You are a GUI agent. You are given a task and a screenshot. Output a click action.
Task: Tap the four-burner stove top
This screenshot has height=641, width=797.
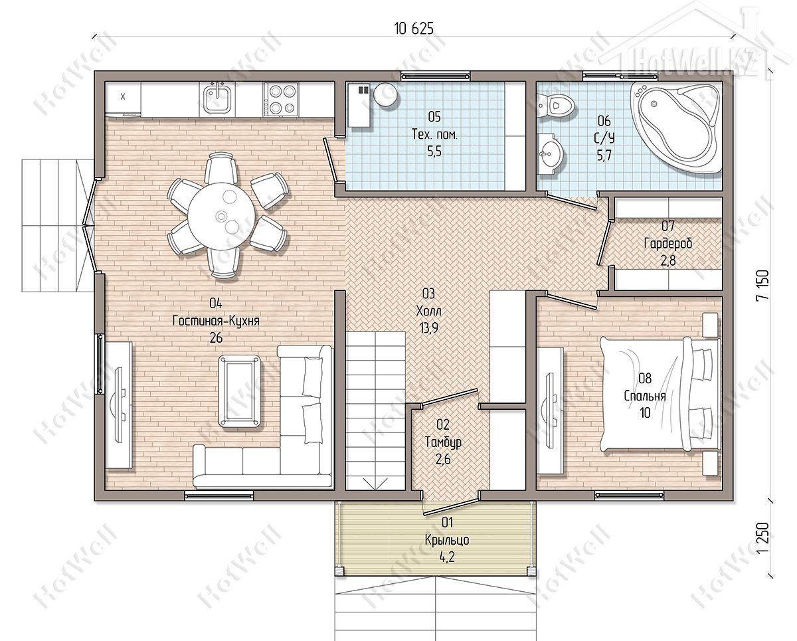click(281, 98)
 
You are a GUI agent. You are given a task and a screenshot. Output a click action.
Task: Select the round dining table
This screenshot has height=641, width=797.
click(221, 216)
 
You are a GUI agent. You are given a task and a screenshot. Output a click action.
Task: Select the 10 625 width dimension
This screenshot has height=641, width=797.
click(414, 29)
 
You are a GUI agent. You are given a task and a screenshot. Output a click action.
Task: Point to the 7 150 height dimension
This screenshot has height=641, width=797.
click(763, 286)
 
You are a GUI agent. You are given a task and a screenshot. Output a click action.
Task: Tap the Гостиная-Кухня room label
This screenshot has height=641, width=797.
click(216, 320)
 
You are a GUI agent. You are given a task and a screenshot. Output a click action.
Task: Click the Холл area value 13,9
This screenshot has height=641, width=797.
click(429, 328)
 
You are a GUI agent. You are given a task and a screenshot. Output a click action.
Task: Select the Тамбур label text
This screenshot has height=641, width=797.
click(443, 442)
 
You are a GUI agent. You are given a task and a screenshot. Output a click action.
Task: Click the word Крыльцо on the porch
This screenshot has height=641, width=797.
click(447, 540)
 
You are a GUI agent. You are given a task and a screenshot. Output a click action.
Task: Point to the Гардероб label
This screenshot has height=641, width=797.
click(668, 243)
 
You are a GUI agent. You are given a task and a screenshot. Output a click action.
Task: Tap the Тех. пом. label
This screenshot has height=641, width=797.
click(434, 134)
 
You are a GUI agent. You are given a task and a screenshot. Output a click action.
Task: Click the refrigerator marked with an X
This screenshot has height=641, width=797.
click(123, 98)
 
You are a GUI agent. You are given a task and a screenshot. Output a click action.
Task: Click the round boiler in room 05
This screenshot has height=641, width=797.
click(385, 94)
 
